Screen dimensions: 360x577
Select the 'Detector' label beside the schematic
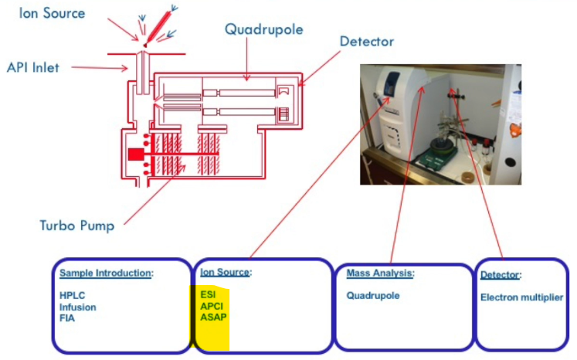click(367, 41)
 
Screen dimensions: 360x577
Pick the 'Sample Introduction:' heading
click(107, 273)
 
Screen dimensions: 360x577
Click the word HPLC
click(72, 296)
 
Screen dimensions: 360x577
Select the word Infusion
click(78, 307)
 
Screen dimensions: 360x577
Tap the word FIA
click(67, 318)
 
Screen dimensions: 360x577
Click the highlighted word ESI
click(208, 295)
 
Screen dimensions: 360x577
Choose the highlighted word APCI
click(212, 306)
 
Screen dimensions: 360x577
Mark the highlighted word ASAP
click(212, 317)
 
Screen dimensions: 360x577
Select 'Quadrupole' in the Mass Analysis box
click(373, 295)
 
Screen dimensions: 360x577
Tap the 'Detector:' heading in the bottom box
click(501, 275)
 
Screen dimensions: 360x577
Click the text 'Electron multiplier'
click(521, 297)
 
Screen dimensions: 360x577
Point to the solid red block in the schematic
click(136, 155)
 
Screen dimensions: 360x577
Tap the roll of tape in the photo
click(469, 177)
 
